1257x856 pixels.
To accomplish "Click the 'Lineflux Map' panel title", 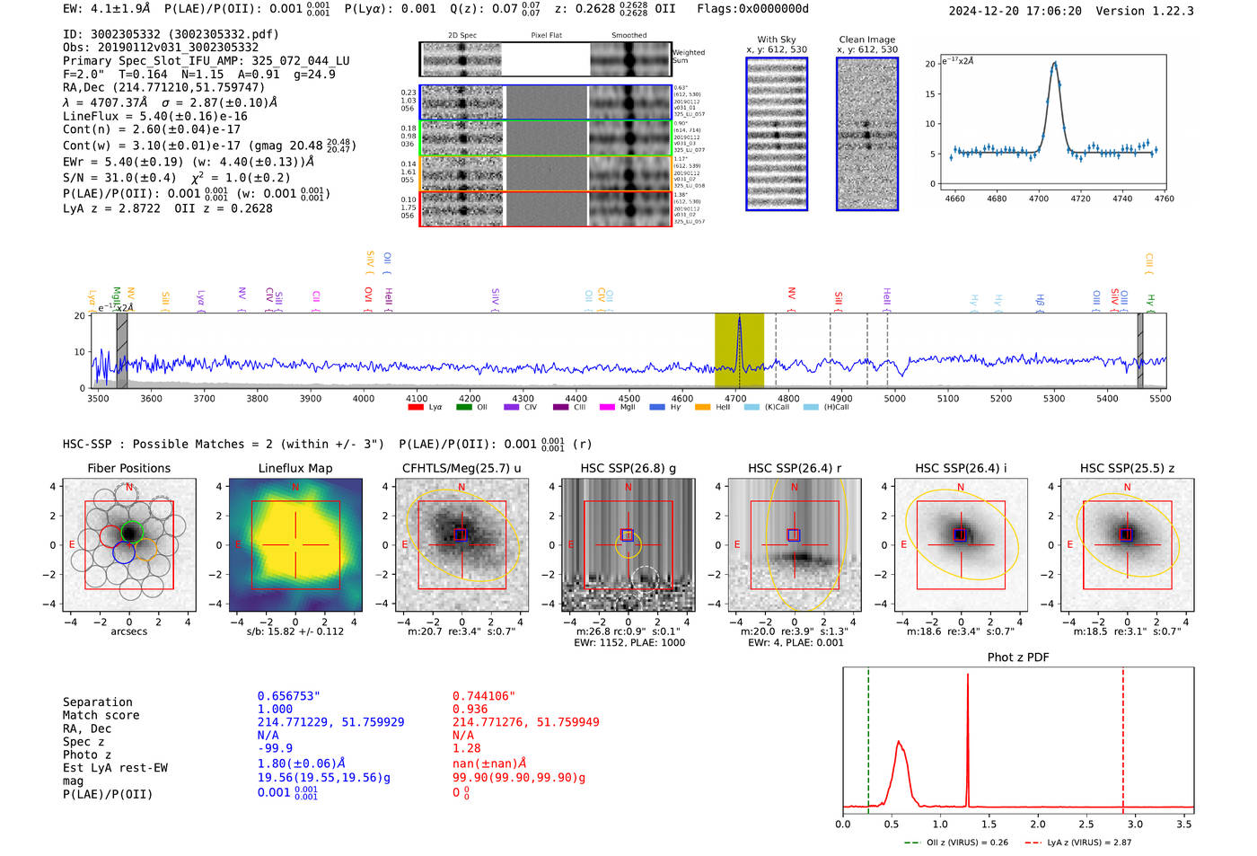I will coord(294,468).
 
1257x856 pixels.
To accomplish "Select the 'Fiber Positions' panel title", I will coord(128,468).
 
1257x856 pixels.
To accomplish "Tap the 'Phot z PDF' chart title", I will coord(1018,657).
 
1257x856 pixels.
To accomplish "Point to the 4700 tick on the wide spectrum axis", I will coord(735,399).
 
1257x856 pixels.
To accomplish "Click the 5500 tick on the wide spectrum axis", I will coord(1160,399).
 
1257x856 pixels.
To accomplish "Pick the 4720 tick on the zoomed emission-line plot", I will coord(1080,199).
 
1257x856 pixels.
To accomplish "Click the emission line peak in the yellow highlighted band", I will coord(739,319).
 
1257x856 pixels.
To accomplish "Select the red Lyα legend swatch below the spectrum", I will coord(416,408).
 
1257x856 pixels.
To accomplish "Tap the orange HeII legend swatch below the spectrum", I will coord(702,408).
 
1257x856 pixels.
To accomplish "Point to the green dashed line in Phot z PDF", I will coord(868,737).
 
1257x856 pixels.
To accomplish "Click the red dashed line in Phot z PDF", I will coord(1123,737).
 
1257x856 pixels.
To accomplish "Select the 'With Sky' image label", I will coord(777,40).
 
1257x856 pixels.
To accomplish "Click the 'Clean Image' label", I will coord(866,40).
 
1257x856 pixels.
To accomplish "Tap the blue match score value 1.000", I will coord(275,709).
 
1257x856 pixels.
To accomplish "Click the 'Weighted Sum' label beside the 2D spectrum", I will coord(689,56).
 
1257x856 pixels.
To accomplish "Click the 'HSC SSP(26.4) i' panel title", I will coord(961,468).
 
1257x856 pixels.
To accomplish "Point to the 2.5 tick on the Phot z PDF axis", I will coord(1086,824).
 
